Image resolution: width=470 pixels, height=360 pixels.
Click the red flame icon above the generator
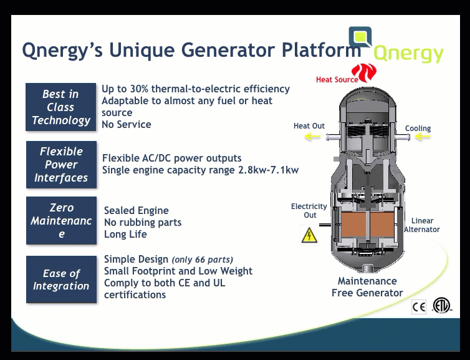click(x=364, y=72)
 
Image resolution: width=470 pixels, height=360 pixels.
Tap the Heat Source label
click(x=337, y=79)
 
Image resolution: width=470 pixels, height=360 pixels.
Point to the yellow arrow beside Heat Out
click(x=312, y=137)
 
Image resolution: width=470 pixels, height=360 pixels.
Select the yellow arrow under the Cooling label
click(x=423, y=137)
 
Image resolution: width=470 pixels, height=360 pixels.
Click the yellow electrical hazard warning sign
click(x=309, y=235)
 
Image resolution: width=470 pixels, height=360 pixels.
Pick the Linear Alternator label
click(x=422, y=225)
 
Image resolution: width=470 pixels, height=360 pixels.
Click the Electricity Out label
click(x=309, y=211)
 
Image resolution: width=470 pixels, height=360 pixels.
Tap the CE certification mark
click(x=419, y=307)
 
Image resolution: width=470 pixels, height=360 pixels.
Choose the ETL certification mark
click(x=441, y=306)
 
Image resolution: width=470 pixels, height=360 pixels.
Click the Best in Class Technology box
click(x=61, y=107)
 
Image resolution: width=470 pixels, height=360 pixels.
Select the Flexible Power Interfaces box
click(x=61, y=165)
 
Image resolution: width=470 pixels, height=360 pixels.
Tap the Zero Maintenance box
click(x=61, y=220)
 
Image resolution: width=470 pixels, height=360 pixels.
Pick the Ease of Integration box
click(x=61, y=280)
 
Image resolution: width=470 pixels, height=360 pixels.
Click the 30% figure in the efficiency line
click(x=139, y=89)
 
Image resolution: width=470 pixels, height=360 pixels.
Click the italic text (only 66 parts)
click(x=203, y=260)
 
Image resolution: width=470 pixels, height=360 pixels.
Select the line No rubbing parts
click(x=143, y=222)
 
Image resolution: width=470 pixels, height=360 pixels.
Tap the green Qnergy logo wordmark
click(x=408, y=54)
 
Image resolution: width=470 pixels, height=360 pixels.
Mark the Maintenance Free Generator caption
click(x=367, y=287)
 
